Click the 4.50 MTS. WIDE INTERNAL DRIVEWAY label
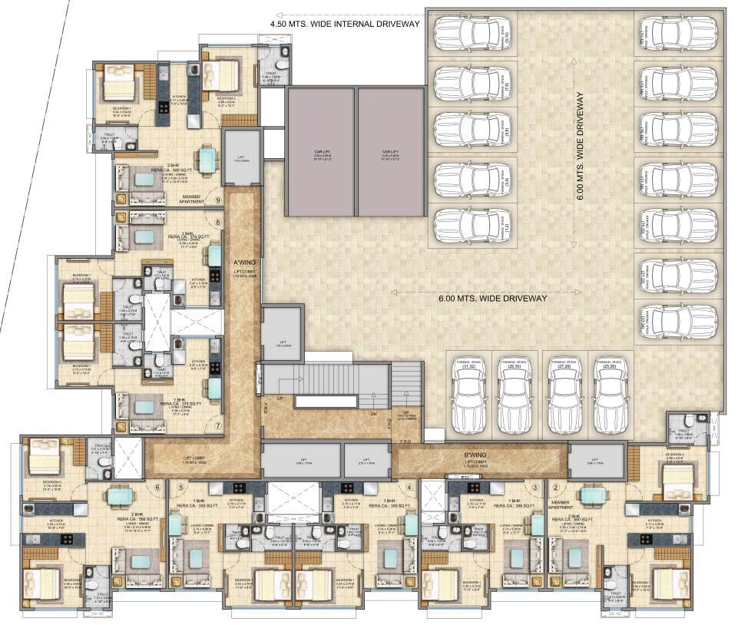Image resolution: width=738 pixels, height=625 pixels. coord(345,24)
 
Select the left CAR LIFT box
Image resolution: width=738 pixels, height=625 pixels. coord(320,151)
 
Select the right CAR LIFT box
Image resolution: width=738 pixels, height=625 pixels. coord(392,151)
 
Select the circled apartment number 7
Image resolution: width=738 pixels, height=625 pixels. coord(218,425)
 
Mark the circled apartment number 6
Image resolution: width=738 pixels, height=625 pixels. coord(158,486)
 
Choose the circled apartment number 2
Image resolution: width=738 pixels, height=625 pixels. coord(555,486)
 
